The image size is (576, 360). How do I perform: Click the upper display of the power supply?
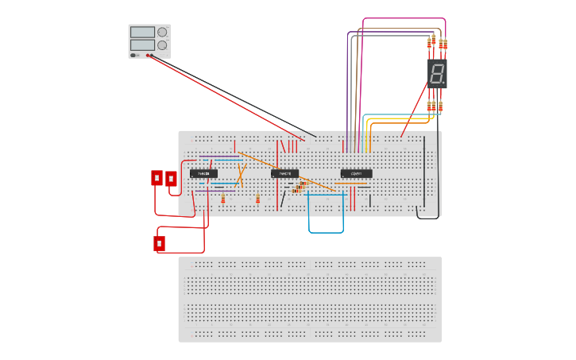click(141, 32)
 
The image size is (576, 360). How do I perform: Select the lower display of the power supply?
click(141, 45)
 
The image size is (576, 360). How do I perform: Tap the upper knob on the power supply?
click(162, 33)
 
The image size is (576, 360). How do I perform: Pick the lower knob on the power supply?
click(162, 46)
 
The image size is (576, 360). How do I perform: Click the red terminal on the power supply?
click(148, 55)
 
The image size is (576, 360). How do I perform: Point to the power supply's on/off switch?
click(133, 55)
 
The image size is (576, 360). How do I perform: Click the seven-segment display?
click(437, 73)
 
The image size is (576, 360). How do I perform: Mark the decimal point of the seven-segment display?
click(443, 83)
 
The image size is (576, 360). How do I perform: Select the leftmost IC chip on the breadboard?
click(203, 173)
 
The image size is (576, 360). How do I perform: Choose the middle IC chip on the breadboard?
click(284, 173)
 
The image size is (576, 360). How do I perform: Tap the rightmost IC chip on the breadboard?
click(356, 173)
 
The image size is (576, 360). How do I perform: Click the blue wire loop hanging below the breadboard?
click(326, 232)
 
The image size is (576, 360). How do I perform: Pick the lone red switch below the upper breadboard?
click(159, 243)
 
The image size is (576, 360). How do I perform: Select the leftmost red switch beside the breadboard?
click(157, 178)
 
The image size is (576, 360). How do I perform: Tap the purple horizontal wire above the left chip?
click(219, 157)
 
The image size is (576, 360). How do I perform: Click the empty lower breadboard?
click(310, 299)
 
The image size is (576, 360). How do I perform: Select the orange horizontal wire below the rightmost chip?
click(351, 184)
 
